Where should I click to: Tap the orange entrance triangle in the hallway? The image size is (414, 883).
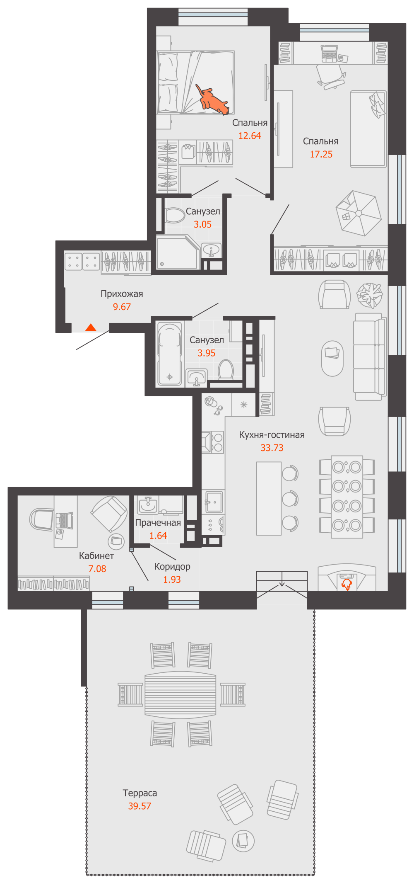(91, 327)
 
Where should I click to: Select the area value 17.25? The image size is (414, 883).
(321, 154)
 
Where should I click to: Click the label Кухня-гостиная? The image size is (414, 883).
(272, 435)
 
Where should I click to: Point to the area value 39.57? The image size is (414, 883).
(140, 806)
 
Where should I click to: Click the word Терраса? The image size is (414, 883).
(140, 793)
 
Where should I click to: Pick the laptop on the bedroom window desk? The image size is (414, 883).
(330, 53)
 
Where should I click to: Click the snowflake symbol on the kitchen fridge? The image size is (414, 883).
(244, 405)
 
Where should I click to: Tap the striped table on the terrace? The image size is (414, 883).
(181, 694)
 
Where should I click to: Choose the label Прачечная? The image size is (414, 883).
(158, 522)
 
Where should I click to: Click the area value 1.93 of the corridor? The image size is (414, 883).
(172, 580)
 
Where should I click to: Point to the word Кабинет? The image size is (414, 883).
(96, 556)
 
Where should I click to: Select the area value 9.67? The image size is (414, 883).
(122, 307)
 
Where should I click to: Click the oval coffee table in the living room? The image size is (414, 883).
(332, 359)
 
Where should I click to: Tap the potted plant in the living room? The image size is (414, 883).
(369, 295)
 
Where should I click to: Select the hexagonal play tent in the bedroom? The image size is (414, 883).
(359, 213)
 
